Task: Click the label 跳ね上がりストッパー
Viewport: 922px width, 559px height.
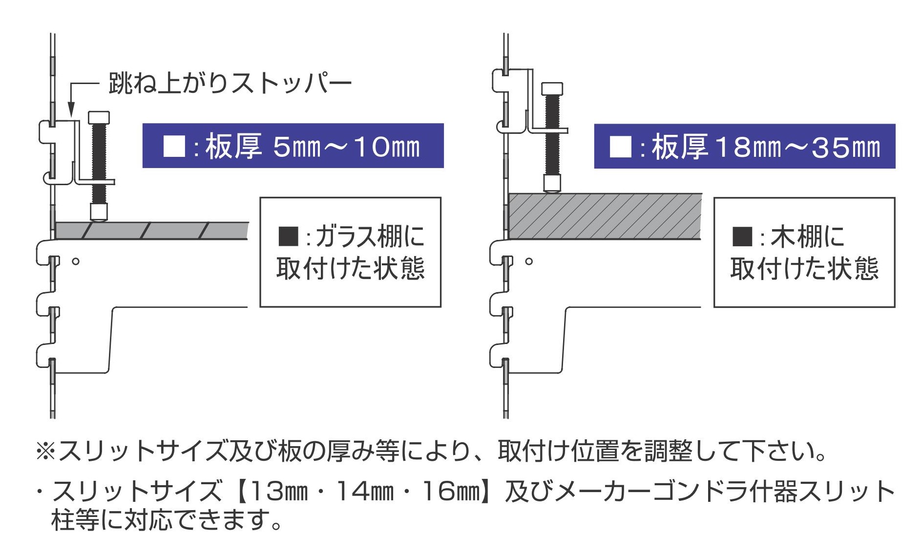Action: pyautogui.click(x=230, y=83)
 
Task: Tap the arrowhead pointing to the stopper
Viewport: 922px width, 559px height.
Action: pyautogui.click(x=71, y=109)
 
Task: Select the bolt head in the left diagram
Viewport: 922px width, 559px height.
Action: pyautogui.click(x=99, y=117)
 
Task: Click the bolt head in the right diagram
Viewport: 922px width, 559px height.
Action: pyautogui.click(x=552, y=88)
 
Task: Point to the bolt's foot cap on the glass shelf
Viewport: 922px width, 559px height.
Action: pyautogui.click(x=99, y=212)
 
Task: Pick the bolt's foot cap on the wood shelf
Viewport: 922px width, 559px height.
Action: pyautogui.click(x=552, y=183)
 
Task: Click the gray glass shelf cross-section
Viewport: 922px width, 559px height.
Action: pyautogui.click(x=151, y=230)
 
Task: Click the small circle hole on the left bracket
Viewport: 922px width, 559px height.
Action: pyautogui.click(x=75, y=261)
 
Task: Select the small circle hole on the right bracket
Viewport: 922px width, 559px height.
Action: pyautogui.click(x=529, y=261)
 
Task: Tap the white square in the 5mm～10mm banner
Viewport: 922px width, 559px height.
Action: pyautogui.click(x=174, y=146)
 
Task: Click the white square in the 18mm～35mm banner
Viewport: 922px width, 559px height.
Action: pyautogui.click(x=621, y=147)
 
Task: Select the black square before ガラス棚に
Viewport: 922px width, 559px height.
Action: pyautogui.click(x=288, y=236)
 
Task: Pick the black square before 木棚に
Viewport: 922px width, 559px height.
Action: pyautogui.click(x=742, y=236)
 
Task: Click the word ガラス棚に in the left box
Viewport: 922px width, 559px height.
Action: pyautogui.click(x=370, y=236)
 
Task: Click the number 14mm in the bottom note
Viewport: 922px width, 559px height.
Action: pyautogui.click(x=365, y=491)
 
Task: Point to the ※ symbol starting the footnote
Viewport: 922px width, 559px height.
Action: pyautogui.click(x=45, y=451)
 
